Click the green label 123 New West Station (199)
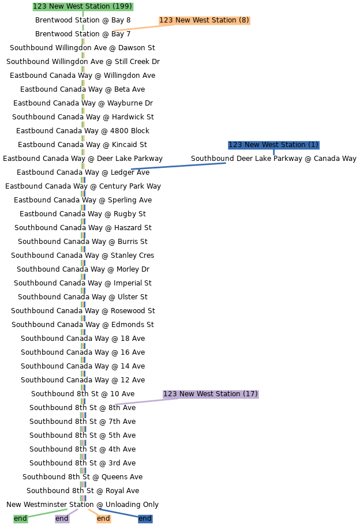click(82, 6)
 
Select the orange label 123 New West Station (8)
click(204, 20)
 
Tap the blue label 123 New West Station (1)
click(273, 145)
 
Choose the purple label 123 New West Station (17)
click(211, 394)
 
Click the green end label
click(20, 519)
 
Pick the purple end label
click(62, 519)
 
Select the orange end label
click(103, 519)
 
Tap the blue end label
click(145, 519)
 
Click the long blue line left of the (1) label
click(178, 166)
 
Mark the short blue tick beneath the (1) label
click(273, 153)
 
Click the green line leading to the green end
click(47, 513)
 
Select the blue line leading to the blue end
click(118, 513)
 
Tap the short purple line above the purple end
click(73, 512)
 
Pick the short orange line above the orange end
click(93, 512)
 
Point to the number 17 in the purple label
click(250, 394)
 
